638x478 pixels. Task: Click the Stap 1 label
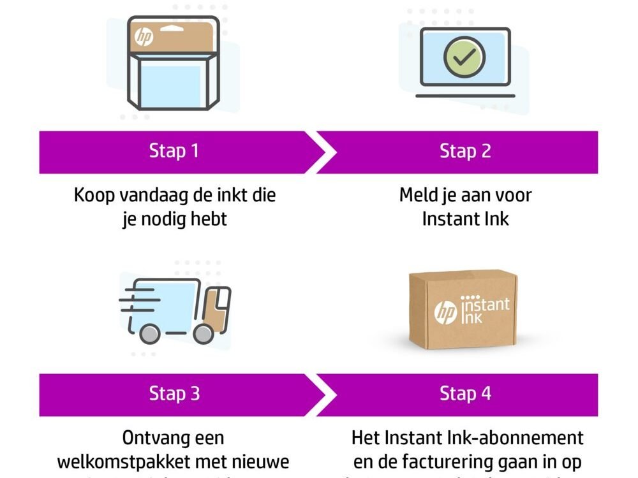[x=174, y=151]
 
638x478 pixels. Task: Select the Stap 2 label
[x=465, y=151]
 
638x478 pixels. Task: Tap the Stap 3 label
[x=174, y=393]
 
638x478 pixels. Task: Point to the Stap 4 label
[x=465, y=393]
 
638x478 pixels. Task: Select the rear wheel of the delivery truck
[x=149, y=333]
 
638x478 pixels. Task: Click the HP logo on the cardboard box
[x=445, y=312]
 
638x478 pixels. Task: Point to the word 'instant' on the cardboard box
[x=486, y=305]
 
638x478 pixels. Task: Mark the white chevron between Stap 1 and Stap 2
[x=325, y=152]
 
